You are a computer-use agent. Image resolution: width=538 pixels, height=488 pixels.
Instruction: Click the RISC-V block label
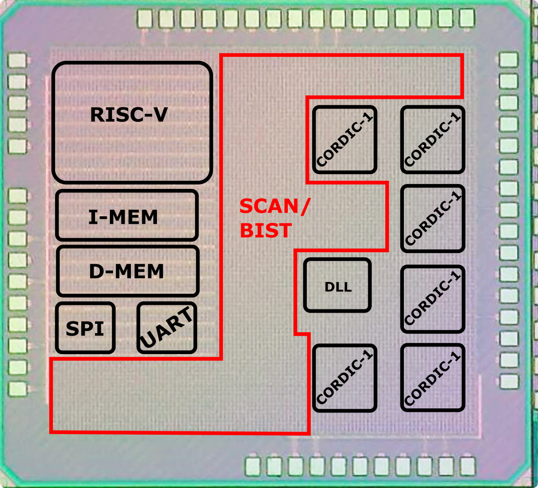pos(129,115)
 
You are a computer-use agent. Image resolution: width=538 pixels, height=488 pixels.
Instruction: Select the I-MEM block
pos(127,216)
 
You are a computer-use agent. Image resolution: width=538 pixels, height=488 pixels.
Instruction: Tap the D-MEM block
pos(127,271)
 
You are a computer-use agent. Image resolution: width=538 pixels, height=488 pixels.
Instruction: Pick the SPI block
pos(85,328)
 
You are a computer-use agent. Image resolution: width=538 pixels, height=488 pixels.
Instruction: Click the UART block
pos(167,328)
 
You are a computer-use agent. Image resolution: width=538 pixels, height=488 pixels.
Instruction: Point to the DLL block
pos(338,286)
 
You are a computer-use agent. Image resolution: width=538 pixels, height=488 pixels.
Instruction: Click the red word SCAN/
pos(274,206)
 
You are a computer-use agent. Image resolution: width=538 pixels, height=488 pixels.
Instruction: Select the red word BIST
pos(266,231)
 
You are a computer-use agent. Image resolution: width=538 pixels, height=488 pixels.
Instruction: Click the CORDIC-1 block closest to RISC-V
pos(344,140)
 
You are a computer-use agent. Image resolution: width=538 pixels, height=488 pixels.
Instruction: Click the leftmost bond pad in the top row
pos(145,18)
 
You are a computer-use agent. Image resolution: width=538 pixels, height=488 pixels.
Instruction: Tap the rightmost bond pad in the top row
pos(467,18)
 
